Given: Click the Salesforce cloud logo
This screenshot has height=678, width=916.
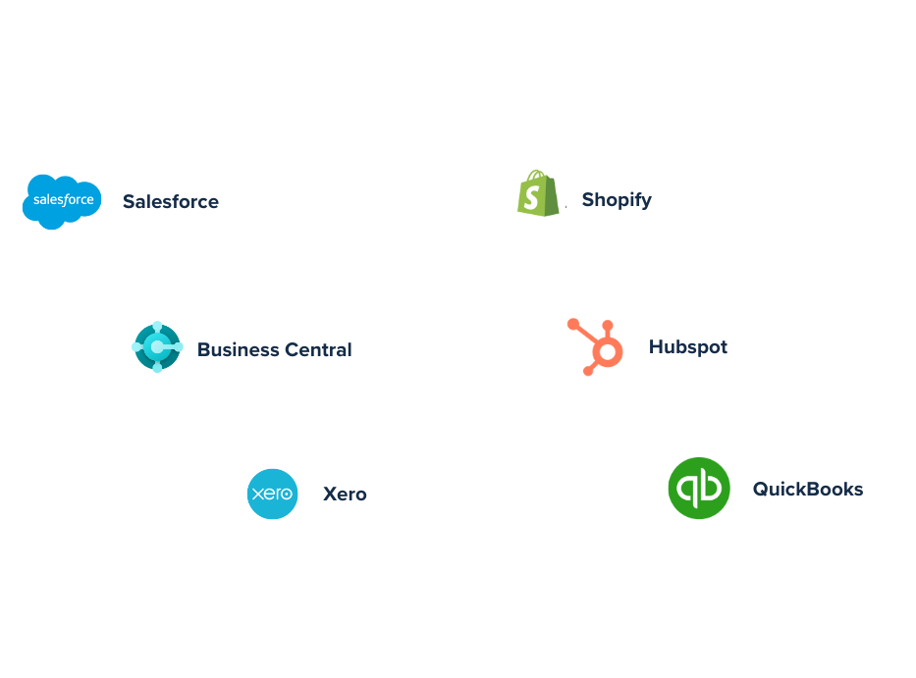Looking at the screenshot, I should click(x=62, y=201).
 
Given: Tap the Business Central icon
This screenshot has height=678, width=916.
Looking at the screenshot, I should click(x=157, y=348).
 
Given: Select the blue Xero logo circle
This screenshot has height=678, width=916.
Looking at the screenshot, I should click(x=272, y=494).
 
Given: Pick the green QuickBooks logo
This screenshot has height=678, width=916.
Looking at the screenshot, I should click(x=698, y=489).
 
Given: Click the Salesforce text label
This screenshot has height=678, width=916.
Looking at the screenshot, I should click(x=171, y=202).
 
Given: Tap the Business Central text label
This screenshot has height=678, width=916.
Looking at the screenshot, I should click(x=274, y=349).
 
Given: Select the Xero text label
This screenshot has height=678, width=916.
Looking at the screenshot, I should click(x=345, y=495).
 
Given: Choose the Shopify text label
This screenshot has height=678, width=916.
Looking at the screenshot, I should click(x=617, y=200).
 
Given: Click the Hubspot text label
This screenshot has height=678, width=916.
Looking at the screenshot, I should click(x=688, y=347).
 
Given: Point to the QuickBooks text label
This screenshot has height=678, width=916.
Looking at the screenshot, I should click(x=808, y=489).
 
